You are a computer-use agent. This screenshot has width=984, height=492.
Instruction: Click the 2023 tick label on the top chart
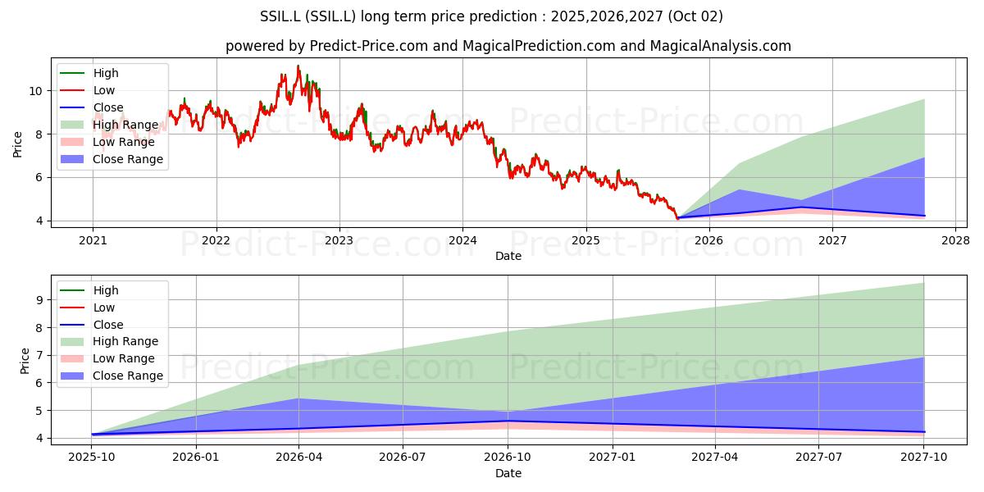(x=339, y=240)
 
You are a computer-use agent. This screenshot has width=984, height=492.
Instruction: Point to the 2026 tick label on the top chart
(x=709, y=240)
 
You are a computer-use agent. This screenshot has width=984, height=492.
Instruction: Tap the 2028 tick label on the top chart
(x=956, y=240)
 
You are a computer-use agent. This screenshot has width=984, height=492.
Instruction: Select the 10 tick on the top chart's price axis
(x=35, y=91)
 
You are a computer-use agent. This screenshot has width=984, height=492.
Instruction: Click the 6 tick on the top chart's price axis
(x=39, y=177)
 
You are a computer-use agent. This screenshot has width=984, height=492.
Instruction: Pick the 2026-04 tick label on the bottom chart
(x=298, y=458)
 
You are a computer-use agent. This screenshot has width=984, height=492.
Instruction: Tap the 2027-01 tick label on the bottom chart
(x=613, y=458)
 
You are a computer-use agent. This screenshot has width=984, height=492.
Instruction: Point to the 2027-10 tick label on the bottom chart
(x=924, y=458)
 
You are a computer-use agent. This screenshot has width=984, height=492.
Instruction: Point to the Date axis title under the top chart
(x=508, y=256)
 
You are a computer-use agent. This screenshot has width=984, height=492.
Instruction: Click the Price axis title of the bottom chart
(x=25, y=361)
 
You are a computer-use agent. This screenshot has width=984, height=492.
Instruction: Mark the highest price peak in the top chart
(x=298, y=66)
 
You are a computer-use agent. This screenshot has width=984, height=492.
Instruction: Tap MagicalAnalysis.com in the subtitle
(x=721, y=46)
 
